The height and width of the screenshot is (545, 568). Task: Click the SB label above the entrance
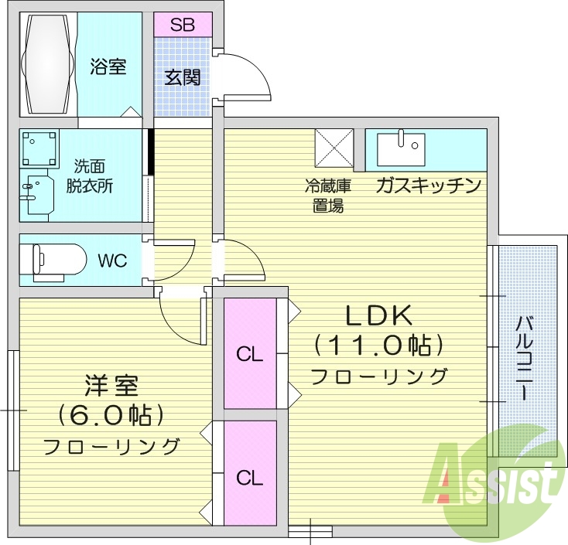(x=183, y=25)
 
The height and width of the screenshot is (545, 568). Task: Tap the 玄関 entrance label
(x=183, y=77)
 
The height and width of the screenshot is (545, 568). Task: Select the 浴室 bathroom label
(x=109, y=66)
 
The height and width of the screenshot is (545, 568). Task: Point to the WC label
(x=112, y=259)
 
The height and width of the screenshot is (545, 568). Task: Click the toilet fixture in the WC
(x=54, y=259)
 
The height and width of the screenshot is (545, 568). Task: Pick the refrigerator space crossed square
(x=334, y=147)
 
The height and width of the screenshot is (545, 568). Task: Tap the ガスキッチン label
(x=429, y=186)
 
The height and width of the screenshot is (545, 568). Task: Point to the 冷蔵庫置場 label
(x=327, y=196)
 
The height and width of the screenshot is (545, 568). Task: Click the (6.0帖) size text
(x=111, y=415)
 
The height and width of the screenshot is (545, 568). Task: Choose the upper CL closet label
(x=250, y=355)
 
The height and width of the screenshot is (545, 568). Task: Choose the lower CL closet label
(x=250, y=478)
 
